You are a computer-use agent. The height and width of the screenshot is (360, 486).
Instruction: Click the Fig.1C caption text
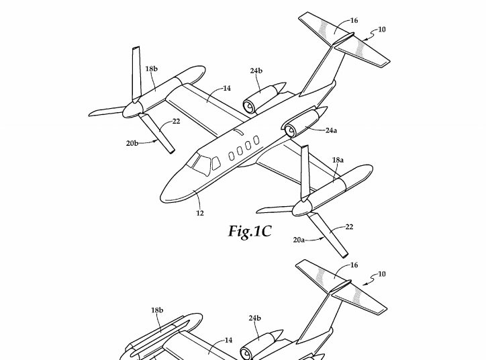(250, 232)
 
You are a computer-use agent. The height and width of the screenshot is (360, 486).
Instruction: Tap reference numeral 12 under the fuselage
(200, 213)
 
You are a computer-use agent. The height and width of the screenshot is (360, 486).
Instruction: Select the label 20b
(132, 143)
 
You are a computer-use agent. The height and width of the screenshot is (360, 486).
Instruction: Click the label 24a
(331, 130)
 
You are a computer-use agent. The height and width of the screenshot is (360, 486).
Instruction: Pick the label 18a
(338, 161)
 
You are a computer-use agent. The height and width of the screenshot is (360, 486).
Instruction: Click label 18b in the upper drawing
(152, 69)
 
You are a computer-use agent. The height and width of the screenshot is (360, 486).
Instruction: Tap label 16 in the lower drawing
(354, 266)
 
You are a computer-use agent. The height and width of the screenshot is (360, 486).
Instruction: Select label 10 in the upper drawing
(382, 30)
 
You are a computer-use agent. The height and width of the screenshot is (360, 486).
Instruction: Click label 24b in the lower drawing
(255, 318)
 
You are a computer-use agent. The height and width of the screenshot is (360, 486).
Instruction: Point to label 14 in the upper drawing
(227, 88)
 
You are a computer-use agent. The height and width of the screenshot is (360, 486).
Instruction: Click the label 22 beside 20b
(176, 122)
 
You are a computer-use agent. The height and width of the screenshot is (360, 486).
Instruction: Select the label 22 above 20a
(349, 227)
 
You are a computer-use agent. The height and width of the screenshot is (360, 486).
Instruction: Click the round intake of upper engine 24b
(248, 105)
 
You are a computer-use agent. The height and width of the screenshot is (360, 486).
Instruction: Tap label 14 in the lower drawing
(228, 341)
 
